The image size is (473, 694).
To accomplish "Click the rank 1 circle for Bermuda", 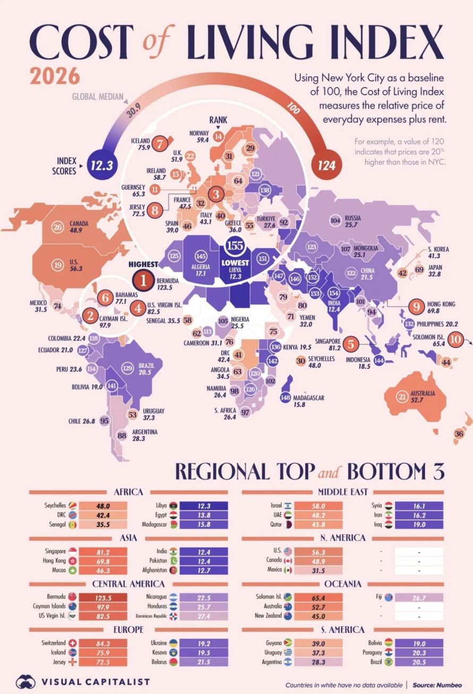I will click(142, 279).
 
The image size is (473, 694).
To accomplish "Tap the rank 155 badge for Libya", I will click(234, 246).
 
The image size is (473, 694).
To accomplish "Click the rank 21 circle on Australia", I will click(402, 396).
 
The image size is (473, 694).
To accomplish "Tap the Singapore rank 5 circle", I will click(350, 344).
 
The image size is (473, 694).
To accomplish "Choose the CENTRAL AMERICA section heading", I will click(129, 584).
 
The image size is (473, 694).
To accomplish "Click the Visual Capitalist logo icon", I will click(26, 681).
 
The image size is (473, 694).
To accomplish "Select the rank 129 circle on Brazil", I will click(127, 368).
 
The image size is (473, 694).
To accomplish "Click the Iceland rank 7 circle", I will click(159, 143).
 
